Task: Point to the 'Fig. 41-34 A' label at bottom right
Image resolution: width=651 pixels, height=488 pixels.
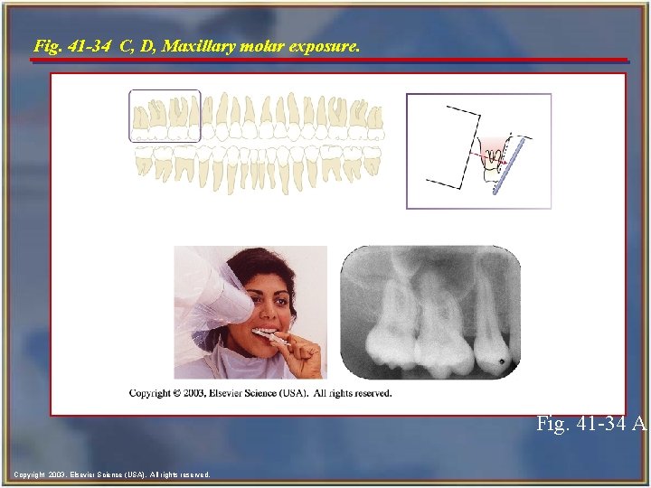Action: (590, 423)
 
